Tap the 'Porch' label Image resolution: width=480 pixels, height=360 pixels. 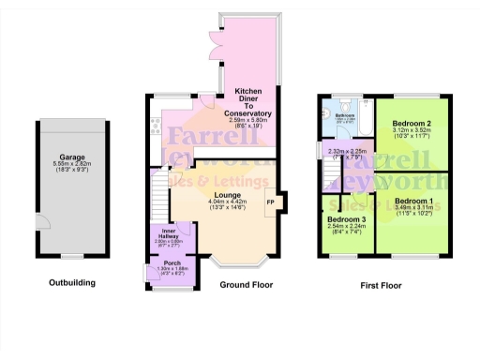point(172,262)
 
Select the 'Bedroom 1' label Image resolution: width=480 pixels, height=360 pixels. point(413,202)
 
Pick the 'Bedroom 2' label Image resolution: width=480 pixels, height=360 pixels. point(412,124)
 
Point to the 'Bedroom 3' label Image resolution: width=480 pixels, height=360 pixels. point(347,219)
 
